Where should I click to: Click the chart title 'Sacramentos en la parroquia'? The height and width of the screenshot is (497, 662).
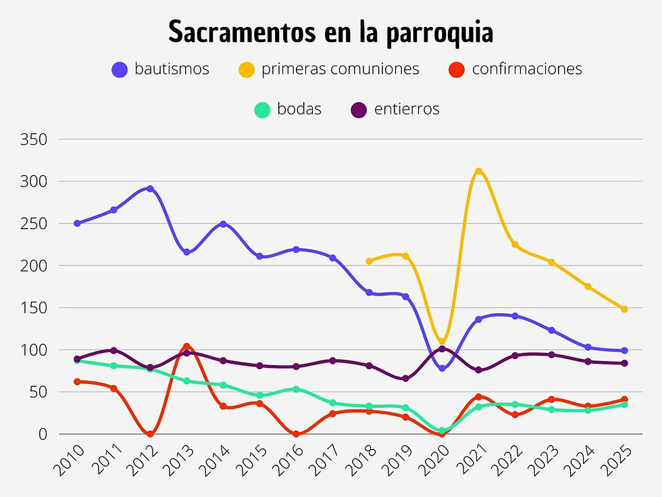point(330,32)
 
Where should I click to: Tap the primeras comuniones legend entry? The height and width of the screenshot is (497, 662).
point(330,69)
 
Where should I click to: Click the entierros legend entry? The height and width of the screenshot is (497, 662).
point(395,109)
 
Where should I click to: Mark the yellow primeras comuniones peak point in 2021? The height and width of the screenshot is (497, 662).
point(478,171)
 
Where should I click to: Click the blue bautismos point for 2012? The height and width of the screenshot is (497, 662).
point(150,189)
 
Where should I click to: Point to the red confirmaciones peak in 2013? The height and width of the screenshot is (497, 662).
point(186,347)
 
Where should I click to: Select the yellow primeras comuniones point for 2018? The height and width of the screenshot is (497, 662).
point(369,261)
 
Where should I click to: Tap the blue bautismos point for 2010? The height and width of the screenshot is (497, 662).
point(77,223)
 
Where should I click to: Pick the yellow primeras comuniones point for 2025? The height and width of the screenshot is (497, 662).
point(624,309)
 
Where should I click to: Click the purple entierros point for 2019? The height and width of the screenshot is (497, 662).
point(405,379)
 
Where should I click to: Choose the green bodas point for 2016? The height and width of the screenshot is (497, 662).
point(296,389)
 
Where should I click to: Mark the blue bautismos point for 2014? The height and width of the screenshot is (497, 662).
point(223,224)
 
